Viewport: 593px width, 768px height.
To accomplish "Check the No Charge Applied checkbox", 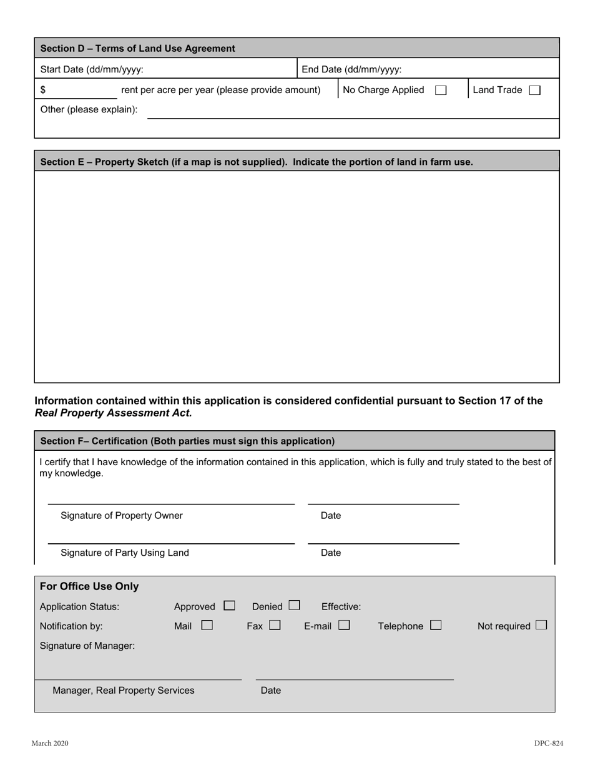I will [441, 90].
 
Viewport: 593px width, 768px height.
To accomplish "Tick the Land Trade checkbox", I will [534, 90].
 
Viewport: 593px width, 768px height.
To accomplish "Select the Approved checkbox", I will [229, 606].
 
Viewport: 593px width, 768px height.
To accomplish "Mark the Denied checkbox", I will [294, 606].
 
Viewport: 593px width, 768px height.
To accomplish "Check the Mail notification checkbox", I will [207, 625].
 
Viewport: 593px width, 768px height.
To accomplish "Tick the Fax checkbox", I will [275, 625].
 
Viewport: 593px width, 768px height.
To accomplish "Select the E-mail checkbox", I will [344, 625].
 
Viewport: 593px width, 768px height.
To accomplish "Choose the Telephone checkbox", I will [436, 625].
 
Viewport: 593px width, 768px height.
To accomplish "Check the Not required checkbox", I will [541, 625].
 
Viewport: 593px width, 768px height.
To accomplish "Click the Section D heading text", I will [137, 49].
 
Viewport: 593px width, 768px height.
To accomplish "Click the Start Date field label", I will [92, 69].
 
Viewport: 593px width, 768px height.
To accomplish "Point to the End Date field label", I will [351, 69].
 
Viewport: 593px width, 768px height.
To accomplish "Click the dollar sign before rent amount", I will [43, 90].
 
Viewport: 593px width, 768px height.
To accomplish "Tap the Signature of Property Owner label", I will [122, 516].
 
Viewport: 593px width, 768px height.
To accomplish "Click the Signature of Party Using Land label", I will [125, 553].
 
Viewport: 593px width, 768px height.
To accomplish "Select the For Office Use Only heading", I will [89, 587].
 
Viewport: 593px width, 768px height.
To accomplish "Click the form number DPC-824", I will [548, 744].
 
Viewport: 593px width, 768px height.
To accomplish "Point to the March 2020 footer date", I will [50, 744].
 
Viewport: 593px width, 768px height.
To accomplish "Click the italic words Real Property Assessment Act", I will [113, 413].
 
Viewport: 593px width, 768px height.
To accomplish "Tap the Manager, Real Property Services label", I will [124, 691].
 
